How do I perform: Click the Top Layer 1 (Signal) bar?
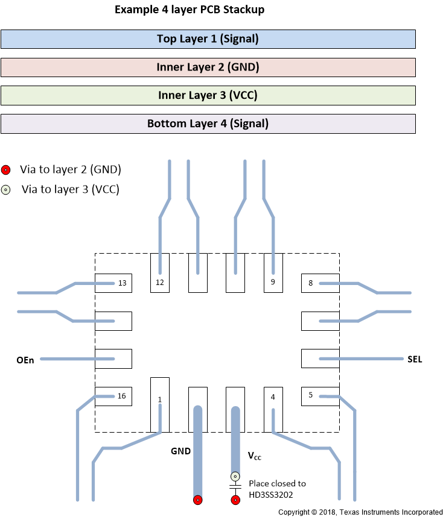[208, 39]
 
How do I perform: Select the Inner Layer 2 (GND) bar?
[208, 67]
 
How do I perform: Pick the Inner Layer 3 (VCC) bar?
[208, 95]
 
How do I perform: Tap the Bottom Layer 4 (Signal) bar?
[208, 124]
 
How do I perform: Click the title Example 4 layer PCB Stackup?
[190, 10]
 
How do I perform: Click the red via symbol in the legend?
[6, 170]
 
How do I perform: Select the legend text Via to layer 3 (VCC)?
[70, 189]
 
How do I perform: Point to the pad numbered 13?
[113, 283]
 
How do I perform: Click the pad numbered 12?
[160, 273]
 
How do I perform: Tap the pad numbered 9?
[273, 273]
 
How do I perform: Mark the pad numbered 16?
[113, 396]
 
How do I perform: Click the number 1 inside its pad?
[160, 399]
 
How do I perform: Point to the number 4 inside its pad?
[273, 398]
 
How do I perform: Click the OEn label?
[25, 360]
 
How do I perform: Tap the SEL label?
[415, 360]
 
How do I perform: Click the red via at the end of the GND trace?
[197, 500]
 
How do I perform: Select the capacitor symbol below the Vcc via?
[235, 486]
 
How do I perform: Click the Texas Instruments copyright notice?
[360, 512]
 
